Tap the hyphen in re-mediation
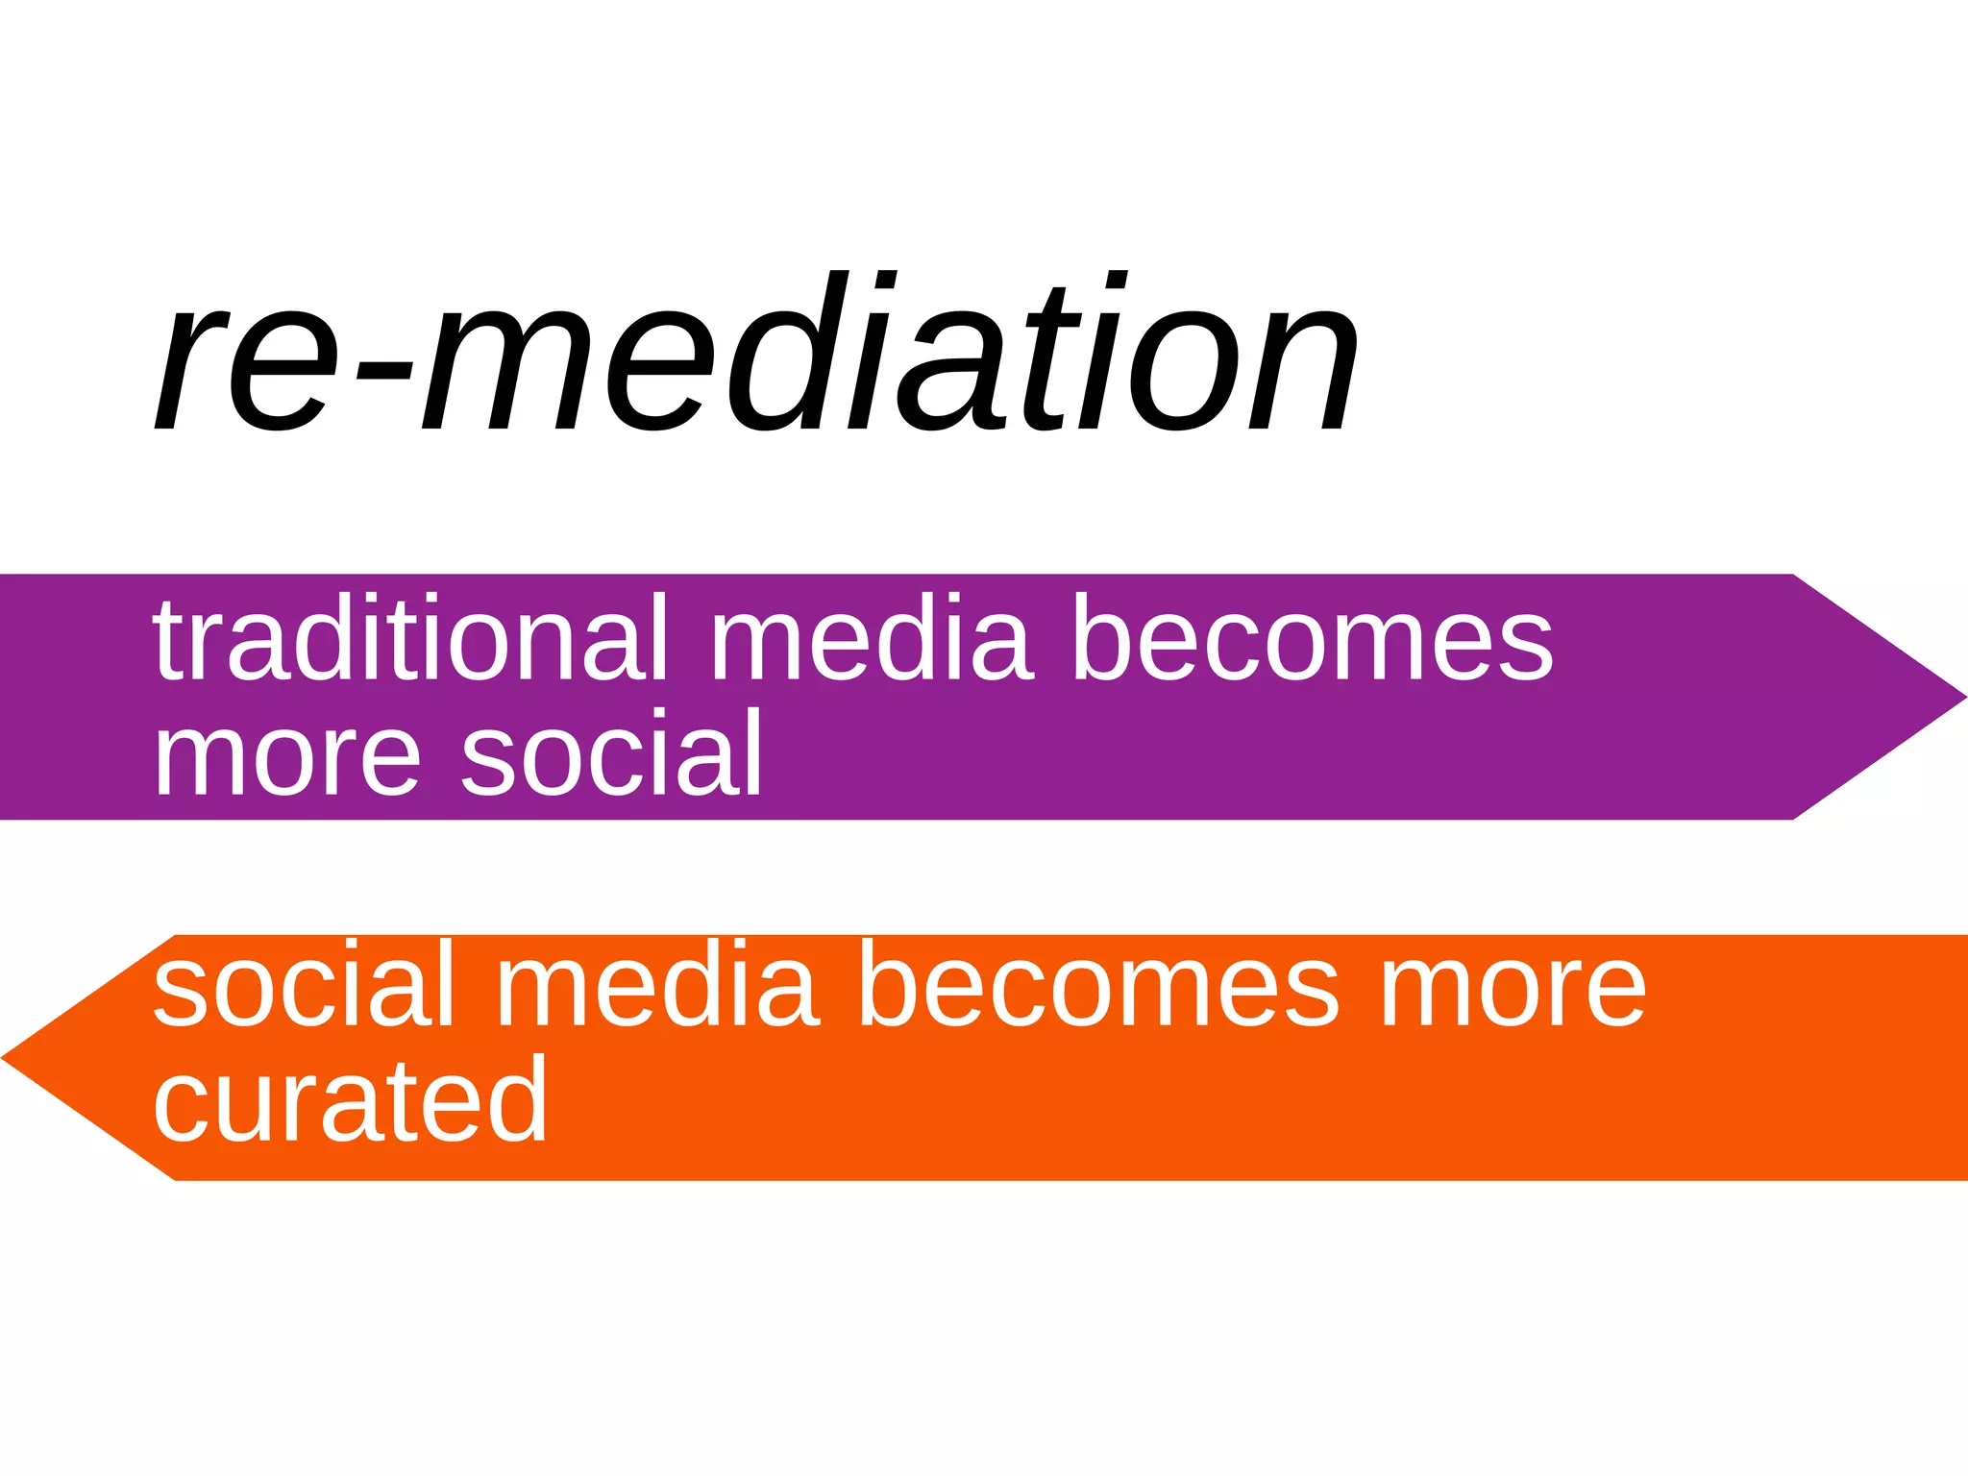tap(383, 370)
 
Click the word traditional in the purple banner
tap(409, 638)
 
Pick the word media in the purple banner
tap(871, 638)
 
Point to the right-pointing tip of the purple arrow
tap(1960, 697)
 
